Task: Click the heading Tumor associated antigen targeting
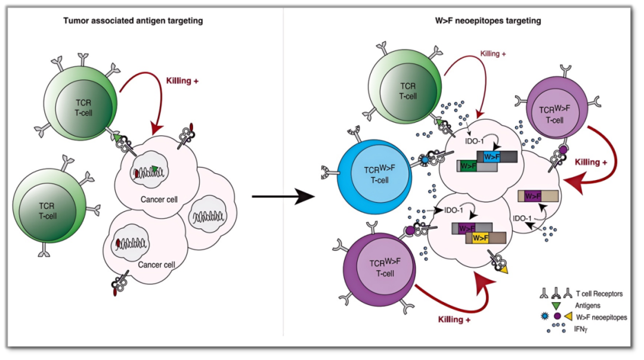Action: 133,21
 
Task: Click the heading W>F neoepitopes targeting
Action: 488,21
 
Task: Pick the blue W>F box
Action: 493,157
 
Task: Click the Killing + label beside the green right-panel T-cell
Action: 493,54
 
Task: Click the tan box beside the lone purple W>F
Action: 549,196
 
